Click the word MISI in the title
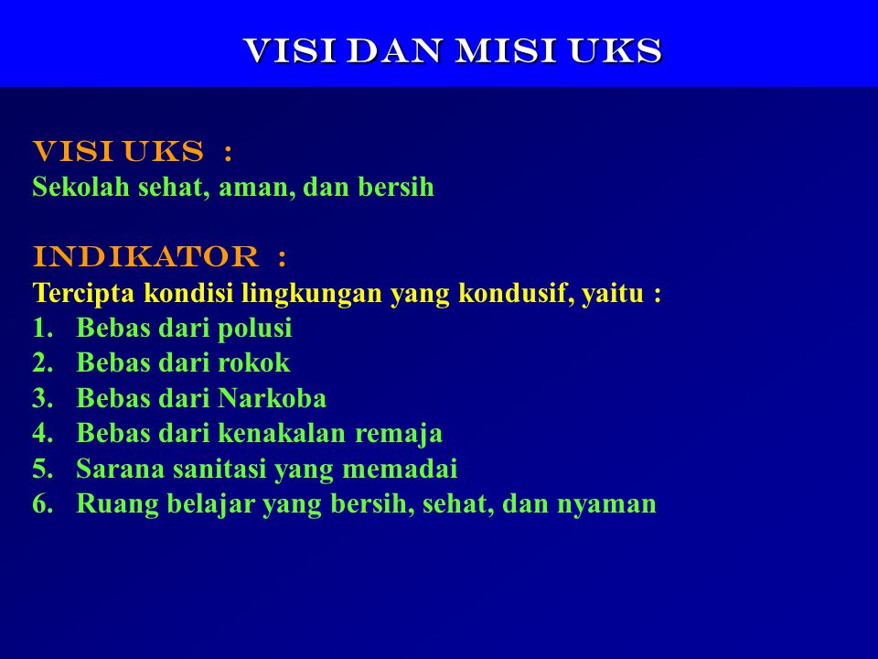tap(506, 51)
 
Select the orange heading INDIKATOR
tap(145, 256)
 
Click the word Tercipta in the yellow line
tap(83, 293)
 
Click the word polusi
tap(255, 329)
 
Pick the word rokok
tap(254, 362)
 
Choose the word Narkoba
tap(273, 398)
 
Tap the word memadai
tap(400, 469)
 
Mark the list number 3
tap(42, 398)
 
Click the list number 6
tap(42, 503)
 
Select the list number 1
tap(42, 329)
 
